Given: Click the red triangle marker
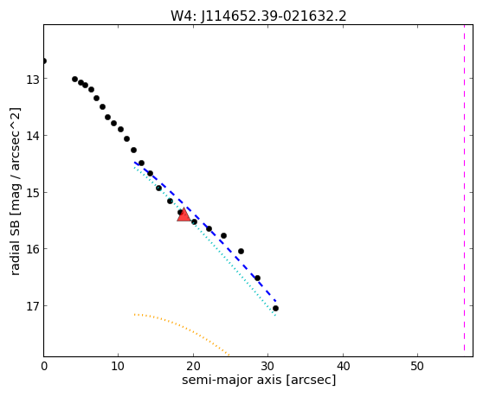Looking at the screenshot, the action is (x=184, y=215).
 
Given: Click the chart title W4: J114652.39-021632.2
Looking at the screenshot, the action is (x=259, y=16).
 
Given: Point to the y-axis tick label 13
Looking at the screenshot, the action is (x=33, y=80).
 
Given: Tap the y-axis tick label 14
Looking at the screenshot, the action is (x=33, y=136).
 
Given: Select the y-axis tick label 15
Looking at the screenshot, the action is (x=33, y=193).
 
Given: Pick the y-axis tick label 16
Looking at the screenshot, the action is (x=33, y=249).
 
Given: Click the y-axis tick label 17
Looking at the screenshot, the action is (x=33, y=306).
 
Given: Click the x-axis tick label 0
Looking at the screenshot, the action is (x=44, y=366).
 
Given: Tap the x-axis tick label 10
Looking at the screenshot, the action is (x=118, y=366).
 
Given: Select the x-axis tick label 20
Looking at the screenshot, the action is (x=193, y=366).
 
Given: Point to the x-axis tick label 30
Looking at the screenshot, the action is (x=268, y=366).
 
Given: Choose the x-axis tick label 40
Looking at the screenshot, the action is (x=343, y=366).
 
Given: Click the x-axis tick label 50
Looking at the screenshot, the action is (x=417, y=366).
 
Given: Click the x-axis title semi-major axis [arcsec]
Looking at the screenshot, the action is (x=259, y=380).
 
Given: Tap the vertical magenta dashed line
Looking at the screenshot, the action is (x=464, y=188).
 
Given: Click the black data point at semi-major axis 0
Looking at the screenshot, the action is (x=44, y=61).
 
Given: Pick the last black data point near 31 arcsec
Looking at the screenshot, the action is (x=276, y=309).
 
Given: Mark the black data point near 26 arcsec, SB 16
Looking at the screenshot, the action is (x=241, y=252).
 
